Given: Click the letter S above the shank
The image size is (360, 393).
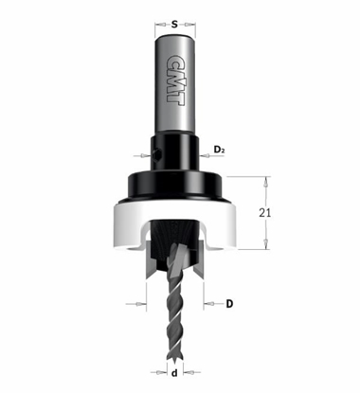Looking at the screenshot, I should (x=176, y=16).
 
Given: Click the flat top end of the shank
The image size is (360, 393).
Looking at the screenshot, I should (x=176, y=34).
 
